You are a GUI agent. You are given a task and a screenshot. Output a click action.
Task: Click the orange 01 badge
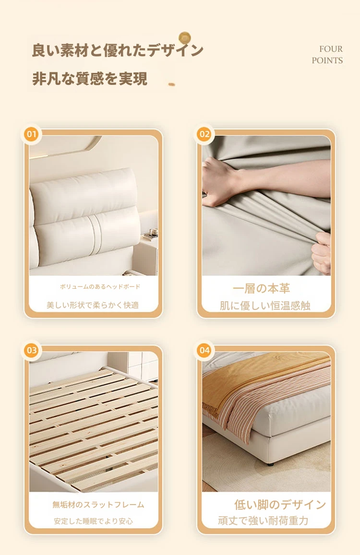[x=32, y=134]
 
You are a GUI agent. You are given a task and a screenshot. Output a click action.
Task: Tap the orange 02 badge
[x=204, y=134]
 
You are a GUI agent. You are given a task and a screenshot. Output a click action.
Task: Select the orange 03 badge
[x=32, y=350]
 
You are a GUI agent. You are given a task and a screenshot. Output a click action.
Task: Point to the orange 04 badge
[x=204, y=350]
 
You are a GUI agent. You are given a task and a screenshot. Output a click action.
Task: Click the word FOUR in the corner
[x=331, y=49]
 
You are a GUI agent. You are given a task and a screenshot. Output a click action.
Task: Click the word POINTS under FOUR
[x=327, y=60]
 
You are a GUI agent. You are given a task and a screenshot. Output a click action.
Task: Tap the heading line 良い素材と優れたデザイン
[x=117, y=50]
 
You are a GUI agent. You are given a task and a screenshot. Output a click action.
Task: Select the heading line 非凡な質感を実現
[x=90, y=79]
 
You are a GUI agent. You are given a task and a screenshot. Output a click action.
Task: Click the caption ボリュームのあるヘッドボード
[x=100, y=287]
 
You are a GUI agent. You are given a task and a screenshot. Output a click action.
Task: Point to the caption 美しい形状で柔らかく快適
[x=93, y=305]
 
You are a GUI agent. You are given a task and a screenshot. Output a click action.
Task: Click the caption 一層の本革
[x=261, y=288]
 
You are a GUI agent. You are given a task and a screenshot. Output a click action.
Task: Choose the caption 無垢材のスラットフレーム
[x=98, y=505]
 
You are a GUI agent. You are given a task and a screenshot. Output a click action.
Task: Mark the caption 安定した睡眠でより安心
[x=93, y=521]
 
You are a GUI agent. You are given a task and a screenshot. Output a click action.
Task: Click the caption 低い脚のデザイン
[x=280, y=505]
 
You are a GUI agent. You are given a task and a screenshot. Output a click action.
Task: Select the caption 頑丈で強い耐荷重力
[x=263, y=520]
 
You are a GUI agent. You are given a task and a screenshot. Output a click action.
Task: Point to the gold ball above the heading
[x=184, y=37]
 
